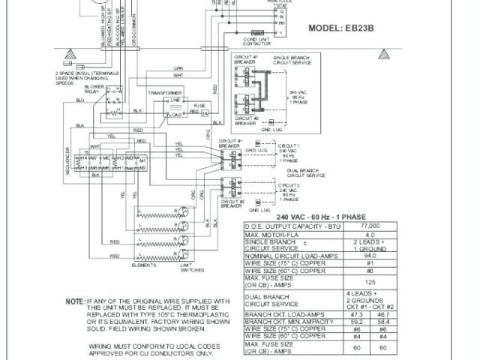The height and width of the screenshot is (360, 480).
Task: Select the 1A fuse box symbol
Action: (204, 112)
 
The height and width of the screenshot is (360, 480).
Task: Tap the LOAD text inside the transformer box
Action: (175, 115)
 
